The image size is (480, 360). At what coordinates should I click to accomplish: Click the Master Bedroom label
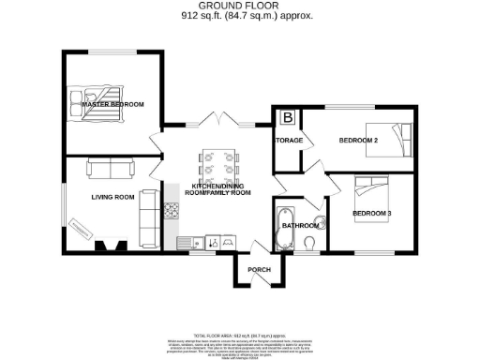(112, 104)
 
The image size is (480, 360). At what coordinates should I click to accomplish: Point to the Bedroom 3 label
(371, 214)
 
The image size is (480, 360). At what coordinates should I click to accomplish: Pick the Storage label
(287, 141)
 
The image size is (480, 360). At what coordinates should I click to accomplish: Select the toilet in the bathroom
(310, 243)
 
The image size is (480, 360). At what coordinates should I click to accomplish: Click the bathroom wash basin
(319, 222)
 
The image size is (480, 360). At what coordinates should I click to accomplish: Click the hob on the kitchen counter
(172, 211)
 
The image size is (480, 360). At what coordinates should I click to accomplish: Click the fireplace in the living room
(109, 247)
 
